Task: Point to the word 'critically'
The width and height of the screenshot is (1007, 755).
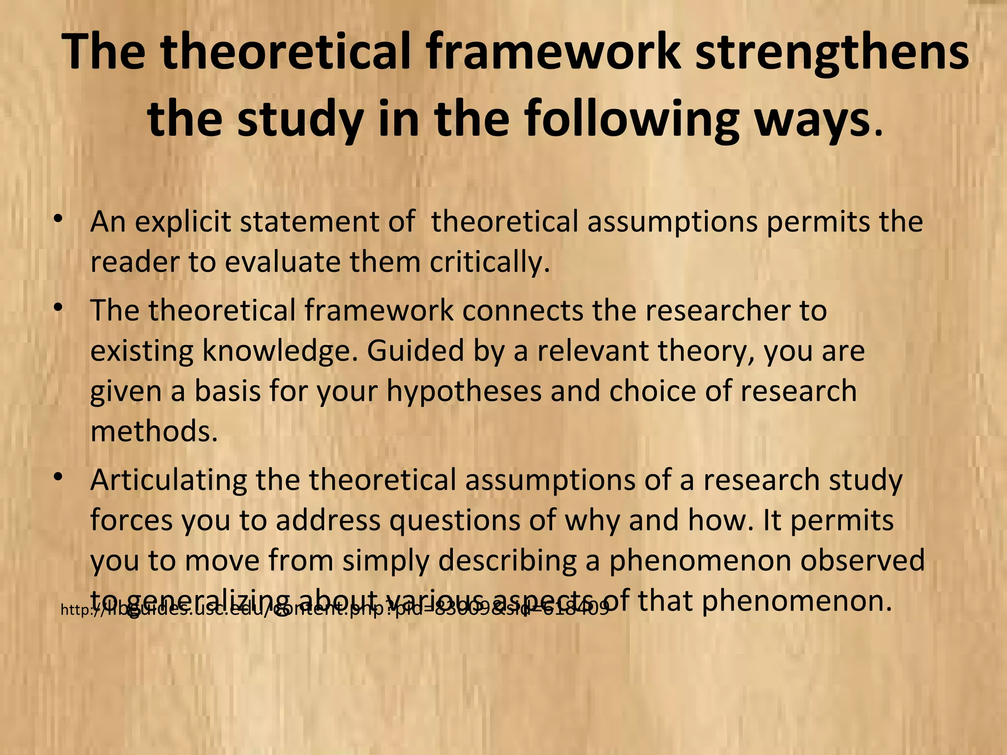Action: coord(489,262)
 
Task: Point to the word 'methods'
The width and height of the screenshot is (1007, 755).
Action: coord(153,431)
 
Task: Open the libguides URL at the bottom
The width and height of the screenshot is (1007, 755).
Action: coord(334,610)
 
